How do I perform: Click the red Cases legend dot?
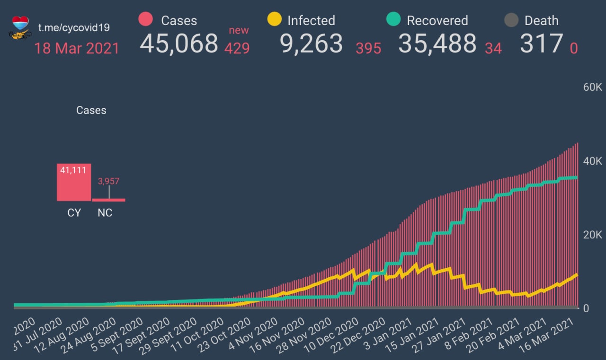coord(145,19)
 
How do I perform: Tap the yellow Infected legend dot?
coord(274,19)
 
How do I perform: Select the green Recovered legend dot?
coord(393,19)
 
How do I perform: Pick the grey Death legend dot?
coord(511,20)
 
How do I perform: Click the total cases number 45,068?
coord(179,44)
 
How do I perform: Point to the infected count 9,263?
coord(311,44)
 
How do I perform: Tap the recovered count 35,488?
coord(437,44)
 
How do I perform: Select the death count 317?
coord(542,44)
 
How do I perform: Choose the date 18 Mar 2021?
coord(77,48)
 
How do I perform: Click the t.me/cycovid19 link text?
coord(74,27)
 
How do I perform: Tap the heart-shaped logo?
coord(20,25)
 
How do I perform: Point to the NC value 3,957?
coord(109,181)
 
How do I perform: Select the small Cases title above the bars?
coord(91,110)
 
